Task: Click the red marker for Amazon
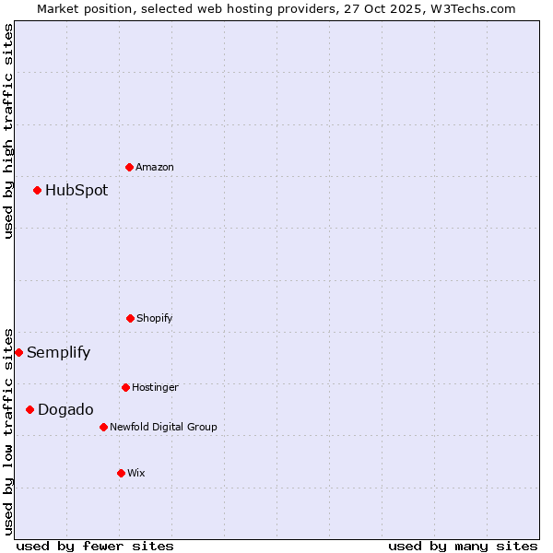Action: [x=130, y=167]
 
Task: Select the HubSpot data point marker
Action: [x=38, y=190]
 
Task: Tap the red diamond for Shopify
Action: [x=130, y=318]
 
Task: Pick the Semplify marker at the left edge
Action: [x=18, y=352]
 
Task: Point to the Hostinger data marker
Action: [x=125, y=387]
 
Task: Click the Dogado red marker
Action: [x=30, y=409]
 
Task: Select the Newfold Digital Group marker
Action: [x=103, y=427]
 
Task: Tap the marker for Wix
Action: [x=121, y=473]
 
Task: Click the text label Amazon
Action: [x=155, y=167]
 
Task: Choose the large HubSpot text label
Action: [x=76, y=191]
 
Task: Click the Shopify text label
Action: [x=155, y=318]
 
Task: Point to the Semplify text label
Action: [x=59, y=353]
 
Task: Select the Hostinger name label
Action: [x=155, y=387]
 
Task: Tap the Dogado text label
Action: [x=65, y=410]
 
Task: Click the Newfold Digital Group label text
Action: [x=163, y=427]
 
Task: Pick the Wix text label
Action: [x=136, y=473]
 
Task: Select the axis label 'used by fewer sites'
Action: [x=95, y=546]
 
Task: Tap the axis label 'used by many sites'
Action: [x=463, y=546]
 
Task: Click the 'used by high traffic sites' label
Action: [x=8, y=131]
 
